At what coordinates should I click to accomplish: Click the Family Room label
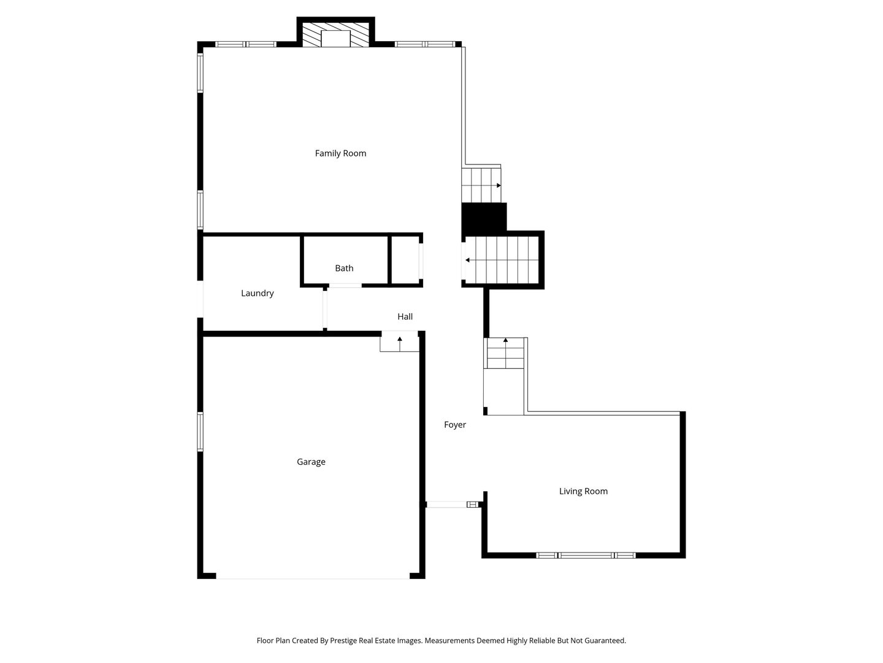pyautogui.click(x=340, y=153)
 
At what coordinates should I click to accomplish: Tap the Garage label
pyautogui.click(x=311, y=462)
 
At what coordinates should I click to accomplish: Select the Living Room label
pyautogui.click(x=583, y=491)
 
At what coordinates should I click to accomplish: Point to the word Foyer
pyautogui.click(x=455, y=425)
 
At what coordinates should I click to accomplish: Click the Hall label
pyautogui.click(x=405, y=316)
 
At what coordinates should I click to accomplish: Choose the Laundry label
pyautogui.click(x=257, y=293)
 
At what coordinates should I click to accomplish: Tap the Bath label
pyautogui.click(x=344, y=268)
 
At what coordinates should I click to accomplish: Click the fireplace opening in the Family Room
pyautogui.click(x=335, y=38)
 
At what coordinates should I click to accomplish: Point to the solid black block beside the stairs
pyautogui.click(x=484, y=217)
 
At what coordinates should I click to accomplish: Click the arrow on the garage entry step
pyautogui.click(x=399, y=344)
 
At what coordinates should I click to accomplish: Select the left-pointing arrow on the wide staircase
pyautogui.click(x=502, y=260)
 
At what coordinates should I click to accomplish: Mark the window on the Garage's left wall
pyautogui.click(x=200, y=432)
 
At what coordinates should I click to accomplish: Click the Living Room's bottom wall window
pyautogui.click(x=586, y=555)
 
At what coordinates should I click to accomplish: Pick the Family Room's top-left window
pyautogui.click(x=246, y=44)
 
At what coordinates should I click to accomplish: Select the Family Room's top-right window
pyautogui.click(x=425, y=44)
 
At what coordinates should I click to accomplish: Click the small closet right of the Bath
pyautogui.click(x=405, y=260)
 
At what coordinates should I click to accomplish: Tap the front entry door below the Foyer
pyautogui.click(x=452, y=505)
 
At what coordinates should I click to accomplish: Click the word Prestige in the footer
pyautogui.click(x=343, y=641)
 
